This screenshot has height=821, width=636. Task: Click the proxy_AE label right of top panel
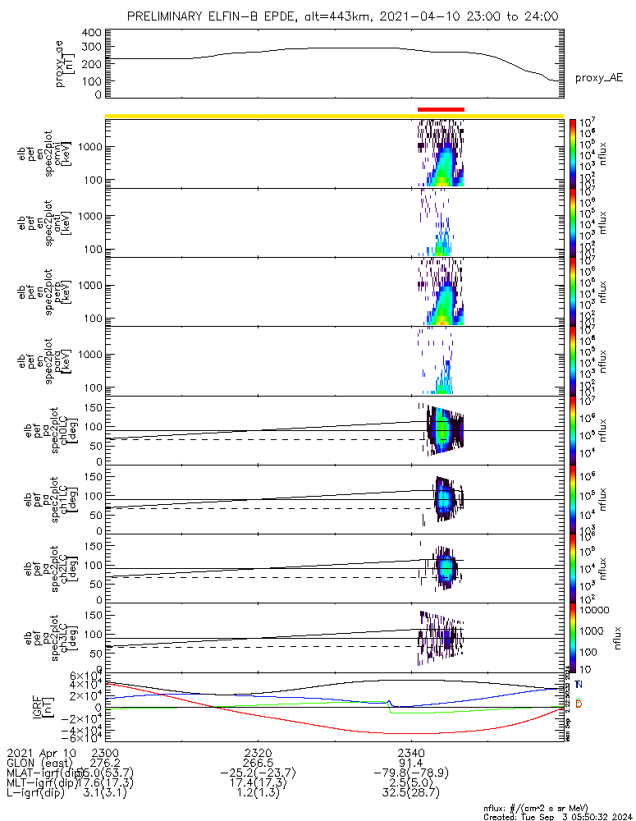(x=598, y=78)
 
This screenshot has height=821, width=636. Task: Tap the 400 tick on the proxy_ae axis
(x=91, y=33)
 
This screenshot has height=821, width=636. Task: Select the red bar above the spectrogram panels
(x=441, y=109)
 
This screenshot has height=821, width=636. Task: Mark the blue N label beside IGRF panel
(x=579, y=685)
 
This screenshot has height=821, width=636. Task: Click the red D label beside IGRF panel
(x=579, y=704)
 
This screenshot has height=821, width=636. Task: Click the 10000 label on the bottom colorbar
(x=596, y=611)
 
